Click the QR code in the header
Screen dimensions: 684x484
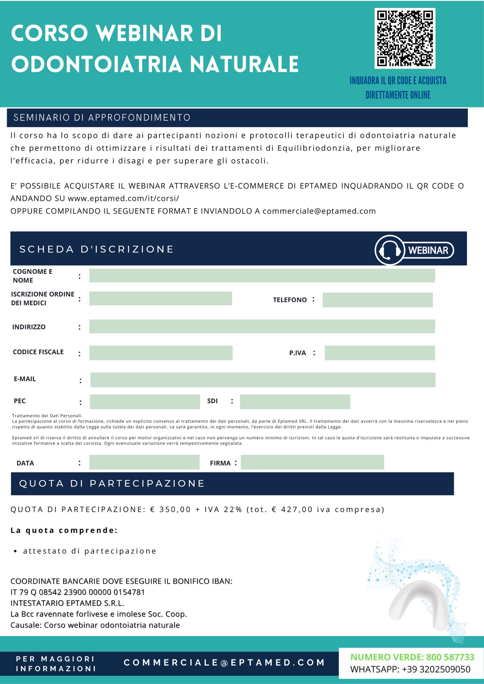(x=405, y=38)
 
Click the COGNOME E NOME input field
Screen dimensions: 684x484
(x=262, y=275)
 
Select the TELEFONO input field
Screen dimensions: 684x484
(x=378, y=300)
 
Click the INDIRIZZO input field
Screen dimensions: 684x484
(x=262, y=327)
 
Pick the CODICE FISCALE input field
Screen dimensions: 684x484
(x=161, y=353)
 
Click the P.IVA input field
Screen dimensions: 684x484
(x=380, y=353)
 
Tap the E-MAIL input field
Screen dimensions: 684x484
(x=263, y=380)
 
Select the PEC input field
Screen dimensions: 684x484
(x=145, y=402)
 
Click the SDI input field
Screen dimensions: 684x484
(x=295, y=402)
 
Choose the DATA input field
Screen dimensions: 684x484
(x=144, y=462)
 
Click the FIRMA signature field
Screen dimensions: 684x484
(x=312, y=462)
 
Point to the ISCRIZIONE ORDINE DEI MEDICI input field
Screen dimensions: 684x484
(x=160, y=298)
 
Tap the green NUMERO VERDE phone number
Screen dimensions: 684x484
(x=450, y=657)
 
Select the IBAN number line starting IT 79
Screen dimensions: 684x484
(x=78, y=592)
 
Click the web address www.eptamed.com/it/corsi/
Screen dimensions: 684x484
(x=124, y=199)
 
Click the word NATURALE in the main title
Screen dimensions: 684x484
(x=244, y=64)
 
